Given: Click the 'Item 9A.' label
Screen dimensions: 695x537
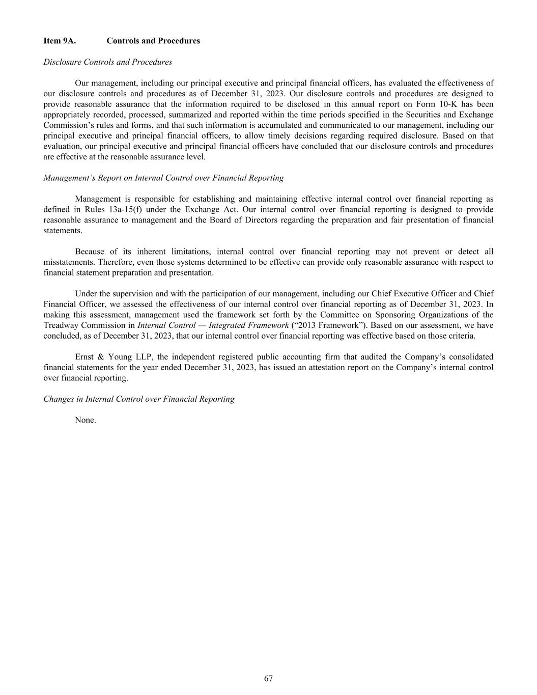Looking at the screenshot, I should pos(60,41).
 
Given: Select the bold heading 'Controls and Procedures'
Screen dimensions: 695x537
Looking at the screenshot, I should pos(153,41).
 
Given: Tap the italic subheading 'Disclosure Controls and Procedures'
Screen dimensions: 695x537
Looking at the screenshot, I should pos(107,62).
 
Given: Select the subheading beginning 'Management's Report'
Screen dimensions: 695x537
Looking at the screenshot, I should pos(163,178).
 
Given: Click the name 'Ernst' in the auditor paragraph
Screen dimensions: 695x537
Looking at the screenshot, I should pos(86,357).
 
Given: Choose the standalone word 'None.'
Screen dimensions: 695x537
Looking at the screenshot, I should pos(86,420).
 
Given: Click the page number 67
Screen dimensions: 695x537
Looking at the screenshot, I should pos(268,678).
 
